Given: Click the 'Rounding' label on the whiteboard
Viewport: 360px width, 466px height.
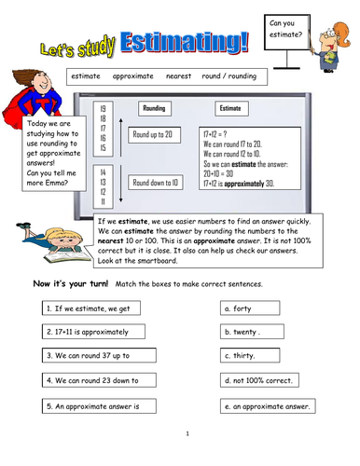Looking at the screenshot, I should click(153, 109).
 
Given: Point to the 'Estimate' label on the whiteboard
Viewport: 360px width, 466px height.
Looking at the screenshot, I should click(229, 109).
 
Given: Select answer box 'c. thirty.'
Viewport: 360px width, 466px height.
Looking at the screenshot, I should click(264, 355).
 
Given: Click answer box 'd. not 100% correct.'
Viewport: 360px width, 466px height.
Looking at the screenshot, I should click(264, 380).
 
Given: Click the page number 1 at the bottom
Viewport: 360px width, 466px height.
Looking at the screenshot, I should click(187, 433).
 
